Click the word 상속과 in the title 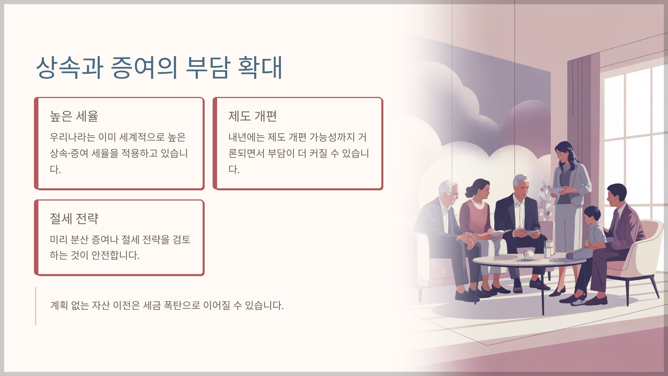(x=70, y=67)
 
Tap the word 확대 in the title (x=260, y=67)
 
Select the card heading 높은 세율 (x=74, y=116)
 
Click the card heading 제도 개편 (x=253, y=116)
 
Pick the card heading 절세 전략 (x=74, y=219)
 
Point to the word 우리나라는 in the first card (x=73, y=137)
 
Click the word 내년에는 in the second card (x=247, y=137)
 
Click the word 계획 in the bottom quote (x=59, y=306)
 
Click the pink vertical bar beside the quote (x=36, y=306)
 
